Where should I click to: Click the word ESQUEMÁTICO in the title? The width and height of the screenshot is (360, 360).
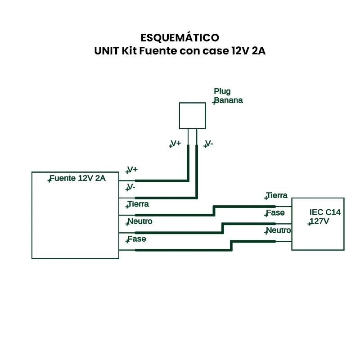pyautogui.click(x=180, y=37)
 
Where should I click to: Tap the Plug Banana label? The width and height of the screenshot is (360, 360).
pyautogui.click(x=228, y=96)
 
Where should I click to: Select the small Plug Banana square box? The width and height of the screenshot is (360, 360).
pyautogui.click(x=192, y=116)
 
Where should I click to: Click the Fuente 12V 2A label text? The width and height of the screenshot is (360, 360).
pyautogui.click(x=77, y=178)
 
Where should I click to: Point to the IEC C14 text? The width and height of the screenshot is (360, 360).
pyautogui.click(x=325, y=212)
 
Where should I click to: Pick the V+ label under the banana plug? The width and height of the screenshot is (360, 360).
pyautogui.click(x=175, y=144)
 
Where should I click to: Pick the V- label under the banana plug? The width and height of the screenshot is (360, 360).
pyautogui.click(x=209, y=144)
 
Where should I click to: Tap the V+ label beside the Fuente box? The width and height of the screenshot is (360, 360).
pyautogui.click(x=132, y=170)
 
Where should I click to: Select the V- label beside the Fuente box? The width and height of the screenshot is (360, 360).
pyautogui.click(x=131, y=187)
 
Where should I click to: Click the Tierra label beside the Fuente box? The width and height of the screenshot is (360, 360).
pyautogui.click(x=138, y=204)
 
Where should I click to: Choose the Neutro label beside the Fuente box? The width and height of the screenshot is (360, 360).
pyautogui.click(x=140, y=221)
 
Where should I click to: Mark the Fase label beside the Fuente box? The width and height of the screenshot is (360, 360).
pyautogui.click(x=137, y=239)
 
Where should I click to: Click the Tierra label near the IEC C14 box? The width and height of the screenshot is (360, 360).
pyautogui.click(x=277, y=196)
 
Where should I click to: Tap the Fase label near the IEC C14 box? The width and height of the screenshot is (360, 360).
pyautogui.click(x=275, y=213)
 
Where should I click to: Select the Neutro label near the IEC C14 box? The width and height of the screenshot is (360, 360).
pyautogui.click(x=278, y=230)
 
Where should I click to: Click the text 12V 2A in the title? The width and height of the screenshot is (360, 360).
pyautogui.click(x=248, y=51)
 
